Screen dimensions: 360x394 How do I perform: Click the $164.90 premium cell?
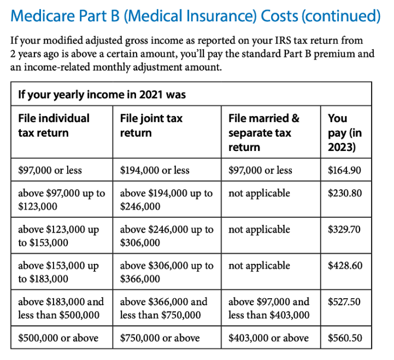tap(344, 170)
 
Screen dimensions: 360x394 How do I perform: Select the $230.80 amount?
tap(344, 194)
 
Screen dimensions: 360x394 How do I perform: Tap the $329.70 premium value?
tap(344, 230)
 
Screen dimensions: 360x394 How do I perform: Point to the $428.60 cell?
tap(344, 266)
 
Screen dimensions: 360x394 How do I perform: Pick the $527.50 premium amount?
tap(344, 302)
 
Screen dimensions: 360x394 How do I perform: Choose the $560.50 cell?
tap(344, 338)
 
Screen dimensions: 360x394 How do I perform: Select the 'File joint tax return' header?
tap(151, 125)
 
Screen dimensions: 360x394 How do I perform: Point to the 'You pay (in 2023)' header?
tap(344, 132)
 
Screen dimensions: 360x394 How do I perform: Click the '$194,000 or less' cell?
tap(155, 170)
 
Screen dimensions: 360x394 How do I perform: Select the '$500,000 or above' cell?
tap(58, 338)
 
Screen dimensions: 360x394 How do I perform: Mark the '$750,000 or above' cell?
tap(160, 338)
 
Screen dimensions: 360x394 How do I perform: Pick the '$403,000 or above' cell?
tap(268, 338)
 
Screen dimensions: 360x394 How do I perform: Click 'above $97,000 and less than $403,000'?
tap(269, 308)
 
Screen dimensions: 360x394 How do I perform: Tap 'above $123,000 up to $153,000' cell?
tap(58, 236)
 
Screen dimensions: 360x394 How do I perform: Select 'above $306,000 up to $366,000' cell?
tap(166, 272)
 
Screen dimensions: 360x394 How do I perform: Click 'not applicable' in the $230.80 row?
tap(259, 194)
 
